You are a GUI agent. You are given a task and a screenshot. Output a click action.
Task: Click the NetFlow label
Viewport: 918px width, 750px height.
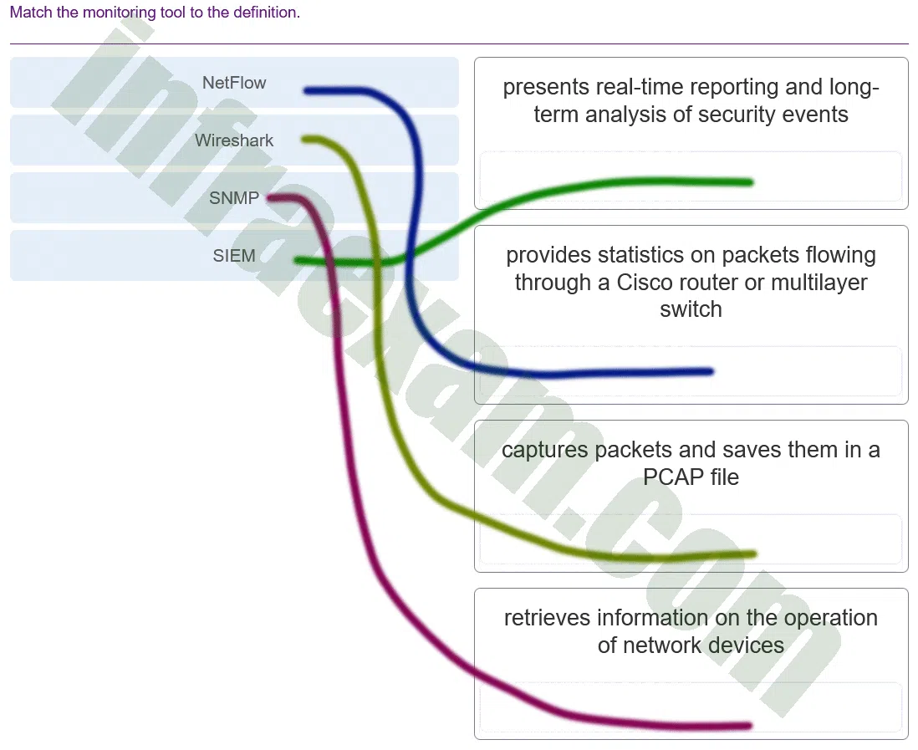coord(234,83)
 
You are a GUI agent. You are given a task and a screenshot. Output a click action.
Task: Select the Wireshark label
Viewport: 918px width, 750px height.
coord(234,140)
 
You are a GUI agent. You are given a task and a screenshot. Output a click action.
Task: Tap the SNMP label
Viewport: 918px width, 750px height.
coord(234,198)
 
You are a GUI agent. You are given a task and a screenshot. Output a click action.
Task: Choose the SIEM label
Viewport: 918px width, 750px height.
coord(234,256)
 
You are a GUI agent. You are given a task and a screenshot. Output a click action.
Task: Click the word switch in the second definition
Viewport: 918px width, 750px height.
coord(691,309)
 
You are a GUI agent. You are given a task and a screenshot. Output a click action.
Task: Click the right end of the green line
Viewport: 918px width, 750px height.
coord(751,182)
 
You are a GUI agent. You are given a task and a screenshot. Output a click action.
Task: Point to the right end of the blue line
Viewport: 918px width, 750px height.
coord(711,371)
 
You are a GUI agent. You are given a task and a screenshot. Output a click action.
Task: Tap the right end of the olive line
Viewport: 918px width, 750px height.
coord(754,554)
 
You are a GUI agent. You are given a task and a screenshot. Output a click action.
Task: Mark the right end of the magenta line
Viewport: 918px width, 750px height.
coord(749,726)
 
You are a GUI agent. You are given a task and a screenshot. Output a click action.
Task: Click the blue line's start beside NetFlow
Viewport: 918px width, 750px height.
coord(306,90)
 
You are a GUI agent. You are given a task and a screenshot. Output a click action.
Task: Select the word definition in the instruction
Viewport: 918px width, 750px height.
coord(267,13)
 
